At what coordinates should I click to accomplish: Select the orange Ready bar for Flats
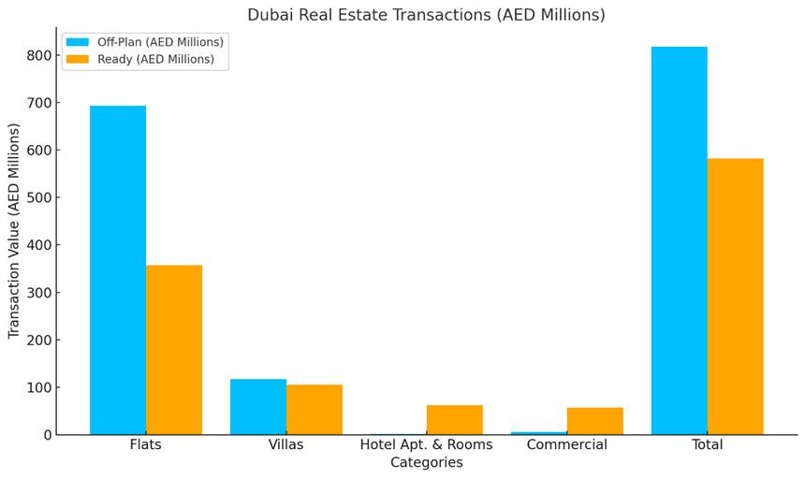pos(174,350)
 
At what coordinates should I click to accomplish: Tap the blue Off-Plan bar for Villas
pos(258,407)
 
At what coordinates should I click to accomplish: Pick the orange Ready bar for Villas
pos(315,410)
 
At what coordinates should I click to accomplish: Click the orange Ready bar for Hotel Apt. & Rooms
pos(455,420)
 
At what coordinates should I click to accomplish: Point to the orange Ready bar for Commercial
pos(595,422)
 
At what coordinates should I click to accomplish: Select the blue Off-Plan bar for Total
pos(680,240)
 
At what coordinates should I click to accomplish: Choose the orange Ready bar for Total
pos(736,297)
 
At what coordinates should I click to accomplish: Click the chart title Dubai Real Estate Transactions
pos(426,15)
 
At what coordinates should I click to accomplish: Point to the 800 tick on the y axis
pos(38,55)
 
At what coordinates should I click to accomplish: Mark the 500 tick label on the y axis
pos(38,197)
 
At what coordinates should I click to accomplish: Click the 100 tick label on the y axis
pos(38,387)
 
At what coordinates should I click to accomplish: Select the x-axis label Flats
pos(146,445)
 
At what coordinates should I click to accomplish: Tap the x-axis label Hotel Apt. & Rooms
pos(427,445)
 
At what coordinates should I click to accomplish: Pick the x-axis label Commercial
pos(567,445)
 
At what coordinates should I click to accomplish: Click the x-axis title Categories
pos(427,463)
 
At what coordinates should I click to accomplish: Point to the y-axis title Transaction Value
pos(14,230)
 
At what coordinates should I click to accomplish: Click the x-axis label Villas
pos(286,445)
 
